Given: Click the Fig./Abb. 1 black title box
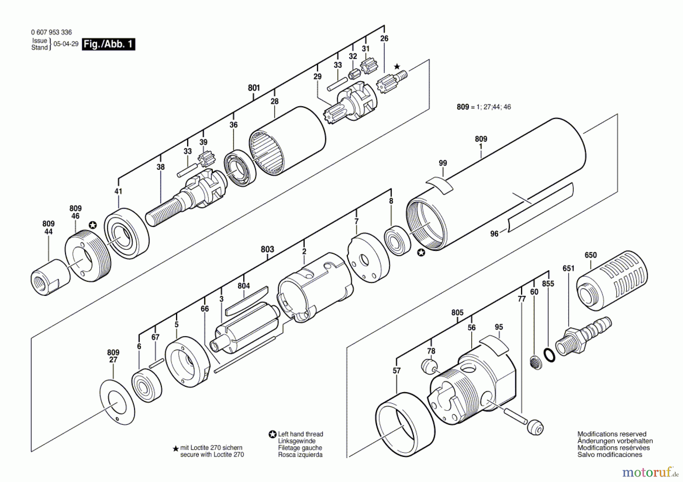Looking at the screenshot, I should point(109,44).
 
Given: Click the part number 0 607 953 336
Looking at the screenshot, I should point(51,32).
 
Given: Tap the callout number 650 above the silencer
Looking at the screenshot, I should point(590,255).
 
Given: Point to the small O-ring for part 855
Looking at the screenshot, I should point(549,355).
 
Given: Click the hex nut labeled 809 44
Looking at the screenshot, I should point(50,277).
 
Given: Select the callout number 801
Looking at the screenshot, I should point(254,88).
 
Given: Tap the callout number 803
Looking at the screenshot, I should point(267,249).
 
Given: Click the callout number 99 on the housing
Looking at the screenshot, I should point(442,163).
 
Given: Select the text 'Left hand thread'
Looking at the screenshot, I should point(300,434).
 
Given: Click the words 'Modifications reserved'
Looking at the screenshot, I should point(612,434).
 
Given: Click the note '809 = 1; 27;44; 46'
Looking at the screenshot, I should point(483,107).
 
